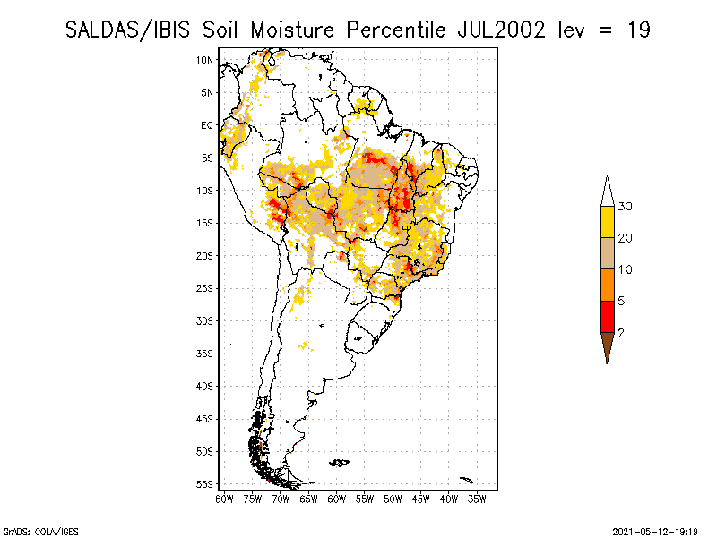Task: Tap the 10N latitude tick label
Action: click(204, 60)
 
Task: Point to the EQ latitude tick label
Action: click(206, 125)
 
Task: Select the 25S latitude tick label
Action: click(204, 288)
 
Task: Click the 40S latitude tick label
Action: click(204, 386)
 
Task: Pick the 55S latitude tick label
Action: click(204, 484)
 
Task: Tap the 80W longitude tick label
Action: click(224, 499)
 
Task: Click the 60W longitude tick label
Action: click(336, 499)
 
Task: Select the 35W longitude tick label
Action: click(477, 499)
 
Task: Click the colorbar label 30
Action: click(626, 207)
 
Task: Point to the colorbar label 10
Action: click(626, 269)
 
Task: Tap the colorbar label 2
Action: click(621, 332)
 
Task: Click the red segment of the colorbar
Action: click(607, 316)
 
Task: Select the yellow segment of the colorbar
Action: click(607, 222)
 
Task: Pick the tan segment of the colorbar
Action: click(607, 253)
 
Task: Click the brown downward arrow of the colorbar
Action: click(607, 345)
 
